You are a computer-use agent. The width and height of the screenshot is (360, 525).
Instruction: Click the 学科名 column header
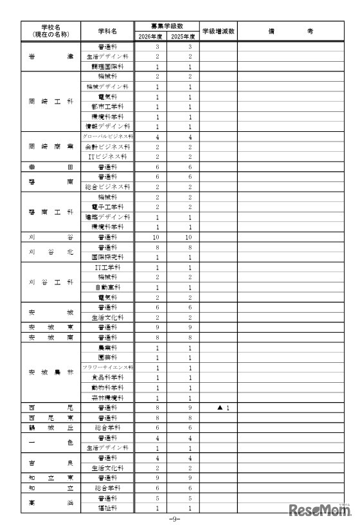tap(107, 30)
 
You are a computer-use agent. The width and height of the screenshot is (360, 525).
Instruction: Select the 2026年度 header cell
tap(149, 37)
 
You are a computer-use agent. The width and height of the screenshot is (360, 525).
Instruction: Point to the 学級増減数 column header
tap(218, 30)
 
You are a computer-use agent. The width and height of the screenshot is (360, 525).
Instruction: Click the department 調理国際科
tap(107, 66)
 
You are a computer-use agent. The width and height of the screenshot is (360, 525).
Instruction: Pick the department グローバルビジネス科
tap(107, 137)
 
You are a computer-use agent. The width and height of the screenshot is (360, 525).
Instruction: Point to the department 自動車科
tap(107, 287)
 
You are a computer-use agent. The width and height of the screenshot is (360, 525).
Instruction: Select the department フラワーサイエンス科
tap(107, 367)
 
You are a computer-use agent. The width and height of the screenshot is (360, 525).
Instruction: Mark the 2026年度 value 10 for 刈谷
tap(149, 237)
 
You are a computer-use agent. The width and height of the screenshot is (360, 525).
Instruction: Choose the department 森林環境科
tap(107, 398)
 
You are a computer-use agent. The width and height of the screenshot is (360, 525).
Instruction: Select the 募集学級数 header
tap(165, 26)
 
